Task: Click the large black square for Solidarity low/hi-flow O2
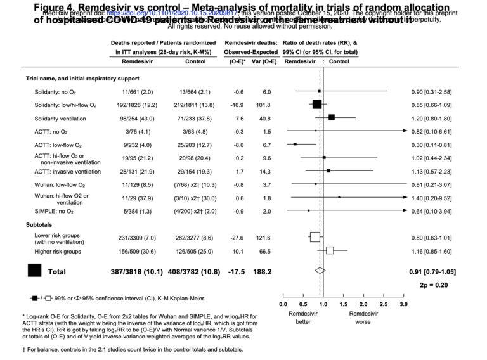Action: (x=316, y=105)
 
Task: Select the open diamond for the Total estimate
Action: (x=320, y=271)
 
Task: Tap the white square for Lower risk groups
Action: (x=315, y=238)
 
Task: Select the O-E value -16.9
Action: (x=238, y=105)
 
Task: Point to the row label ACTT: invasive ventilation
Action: (x=67, y=171)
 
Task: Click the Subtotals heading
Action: (x=39, y=224)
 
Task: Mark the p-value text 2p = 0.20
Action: (x=438, y=286)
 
